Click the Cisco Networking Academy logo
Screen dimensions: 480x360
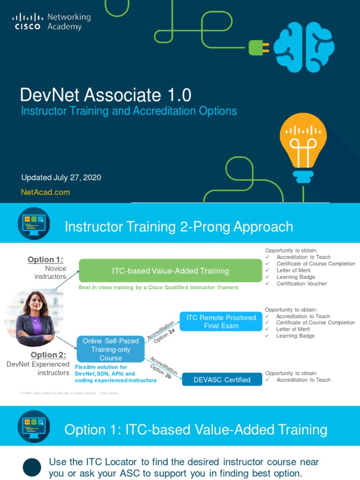coord(51,22)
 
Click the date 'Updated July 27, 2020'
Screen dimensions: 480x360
coord(61,178)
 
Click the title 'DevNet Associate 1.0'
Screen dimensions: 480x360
coord(105,95)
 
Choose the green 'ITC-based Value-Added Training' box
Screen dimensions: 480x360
coord(170,270)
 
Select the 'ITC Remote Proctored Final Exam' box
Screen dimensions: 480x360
coord(221,322)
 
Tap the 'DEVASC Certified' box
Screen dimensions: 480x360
coord(222,380)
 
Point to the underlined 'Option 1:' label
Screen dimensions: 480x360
coord(45,260)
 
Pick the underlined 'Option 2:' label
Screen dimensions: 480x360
coord(48,355)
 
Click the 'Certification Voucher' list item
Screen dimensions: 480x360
coord(301,284)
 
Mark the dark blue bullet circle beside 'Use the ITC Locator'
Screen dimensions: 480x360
coord(32,467)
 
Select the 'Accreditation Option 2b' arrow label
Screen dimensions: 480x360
coord(163,369)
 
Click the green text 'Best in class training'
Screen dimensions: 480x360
coord(158,287)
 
